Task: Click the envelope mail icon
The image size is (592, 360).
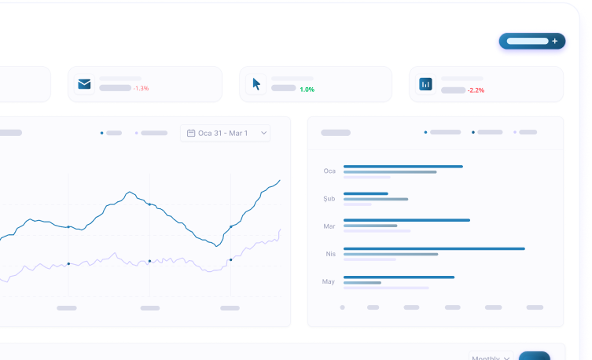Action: [84, 84]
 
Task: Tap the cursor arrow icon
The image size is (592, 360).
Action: [256, 83]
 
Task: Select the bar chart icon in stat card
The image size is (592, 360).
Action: [425, 83]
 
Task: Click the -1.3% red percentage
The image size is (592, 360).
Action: [141, 88]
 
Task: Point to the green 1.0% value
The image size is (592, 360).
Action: [307, 90]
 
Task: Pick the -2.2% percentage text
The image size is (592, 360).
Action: [476, 90]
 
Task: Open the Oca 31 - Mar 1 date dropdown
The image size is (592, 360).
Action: [225, 133]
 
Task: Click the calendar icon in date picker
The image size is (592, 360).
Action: [191, 133]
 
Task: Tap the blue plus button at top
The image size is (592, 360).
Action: [532, 41]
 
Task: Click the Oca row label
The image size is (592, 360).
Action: [329, 171]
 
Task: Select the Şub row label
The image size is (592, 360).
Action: [329, 199]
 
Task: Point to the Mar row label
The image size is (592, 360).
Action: [329, 226]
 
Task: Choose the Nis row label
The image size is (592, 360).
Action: [330, 254]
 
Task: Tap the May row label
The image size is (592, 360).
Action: [329, 281]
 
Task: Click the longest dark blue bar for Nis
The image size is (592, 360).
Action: [434, 248]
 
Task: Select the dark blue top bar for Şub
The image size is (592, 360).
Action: [366, 193]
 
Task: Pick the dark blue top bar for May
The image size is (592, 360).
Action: [399, 277]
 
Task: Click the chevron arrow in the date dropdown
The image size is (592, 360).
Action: [264, 133]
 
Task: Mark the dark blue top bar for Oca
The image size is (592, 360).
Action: [403, 166]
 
